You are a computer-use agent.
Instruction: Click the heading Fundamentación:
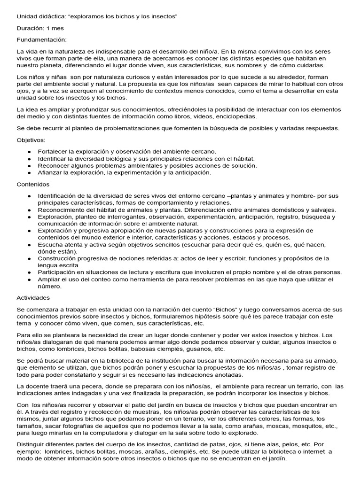[42, 40]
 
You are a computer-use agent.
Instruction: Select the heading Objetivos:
[31, 140]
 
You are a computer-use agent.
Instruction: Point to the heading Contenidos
[33, 185]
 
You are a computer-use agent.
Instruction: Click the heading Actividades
[33, 298]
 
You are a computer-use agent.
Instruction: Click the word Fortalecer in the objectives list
[53, 152]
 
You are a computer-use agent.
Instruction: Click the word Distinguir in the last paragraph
[33, 444]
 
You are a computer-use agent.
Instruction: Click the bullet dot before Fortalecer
[29, 152]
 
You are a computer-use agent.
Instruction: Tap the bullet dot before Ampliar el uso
[29, 279]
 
